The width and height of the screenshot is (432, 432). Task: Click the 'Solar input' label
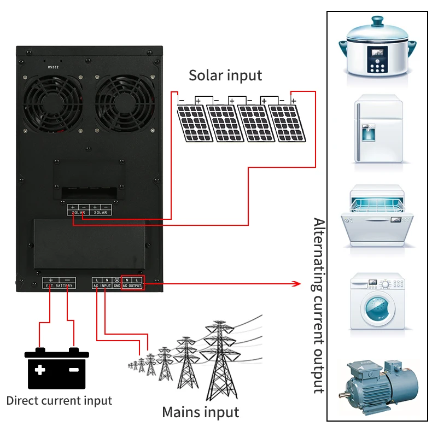tap(225, 75)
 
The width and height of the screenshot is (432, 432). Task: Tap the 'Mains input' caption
tap(201, 412)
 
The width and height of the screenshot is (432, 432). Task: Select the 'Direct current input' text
tap(59, 400)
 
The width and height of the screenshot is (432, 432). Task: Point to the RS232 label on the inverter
tap(53, 67)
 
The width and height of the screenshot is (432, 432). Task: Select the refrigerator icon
tap(377, 130)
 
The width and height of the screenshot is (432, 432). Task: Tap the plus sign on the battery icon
tap(40, 370)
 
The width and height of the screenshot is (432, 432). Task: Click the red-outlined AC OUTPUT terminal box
tap(132, 282)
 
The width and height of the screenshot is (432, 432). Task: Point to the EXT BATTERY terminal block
tap(59, 282)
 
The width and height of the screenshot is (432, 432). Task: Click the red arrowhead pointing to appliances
tap(297, 283)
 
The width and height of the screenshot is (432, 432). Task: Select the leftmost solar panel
tap(192, 122)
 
